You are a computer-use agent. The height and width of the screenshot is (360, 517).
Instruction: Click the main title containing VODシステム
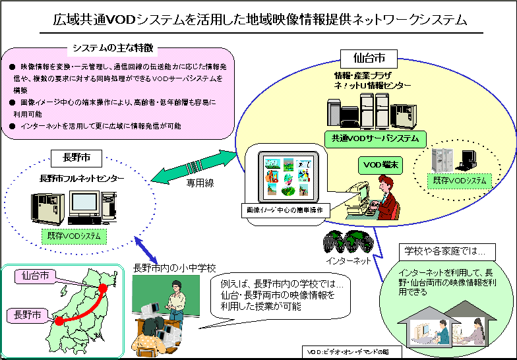pos(259,19)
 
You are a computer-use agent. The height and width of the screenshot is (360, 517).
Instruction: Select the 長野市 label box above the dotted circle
pos(74,158)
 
